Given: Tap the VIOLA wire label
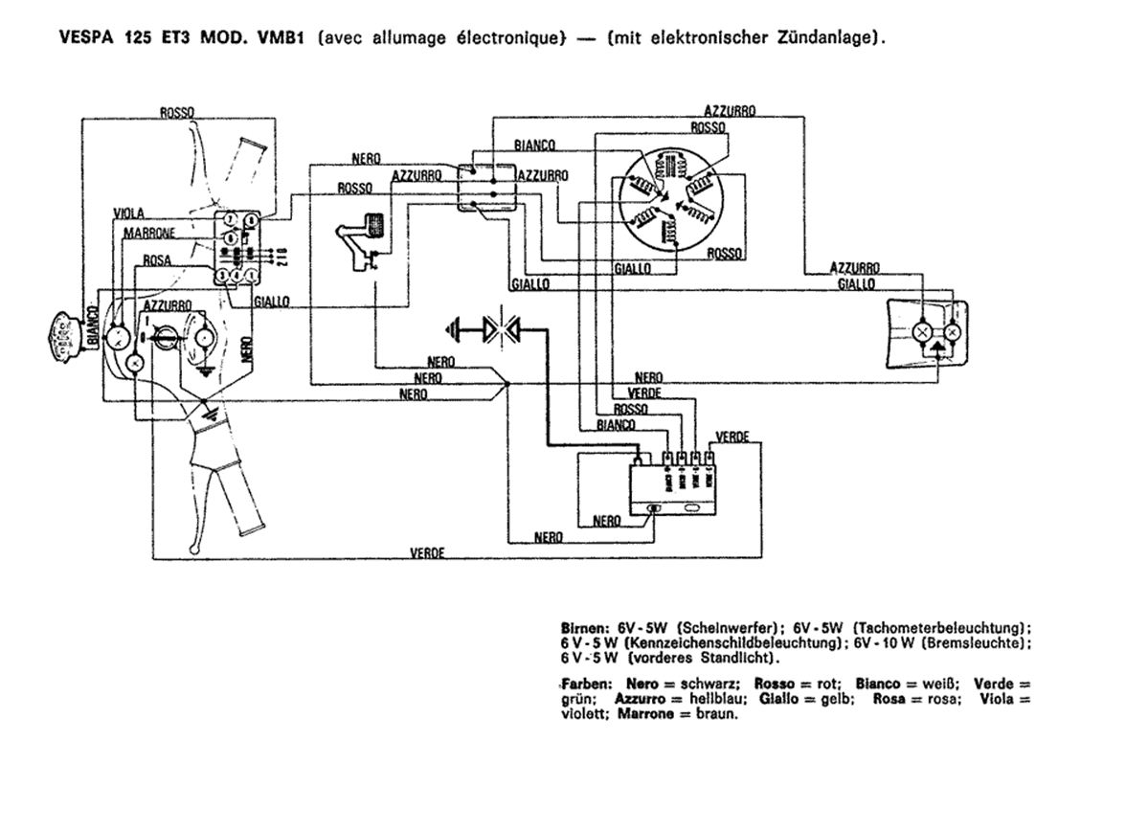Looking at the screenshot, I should tap(129, 213).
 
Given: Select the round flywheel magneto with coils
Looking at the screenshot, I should tap(670, 205).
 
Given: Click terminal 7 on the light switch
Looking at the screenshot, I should tap(231, 220).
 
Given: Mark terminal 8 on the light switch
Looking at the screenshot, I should tap(250, 220).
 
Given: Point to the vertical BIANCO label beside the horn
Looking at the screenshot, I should tap(93, 325).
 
